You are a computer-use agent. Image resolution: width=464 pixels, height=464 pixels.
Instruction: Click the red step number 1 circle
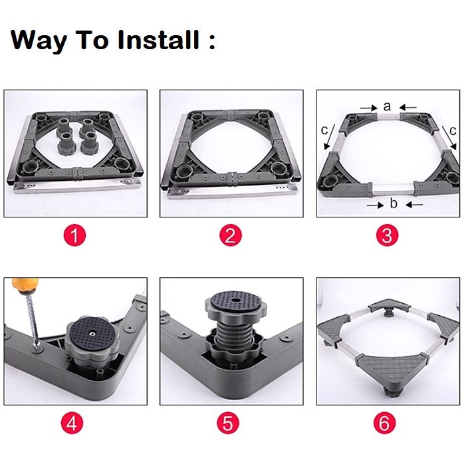[74, 235]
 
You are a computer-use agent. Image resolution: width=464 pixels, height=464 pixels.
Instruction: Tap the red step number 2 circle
[231, 235]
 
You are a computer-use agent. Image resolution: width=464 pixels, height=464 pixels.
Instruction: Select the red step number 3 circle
[387, 235]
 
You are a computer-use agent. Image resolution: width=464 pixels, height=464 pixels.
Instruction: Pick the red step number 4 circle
[72, 423]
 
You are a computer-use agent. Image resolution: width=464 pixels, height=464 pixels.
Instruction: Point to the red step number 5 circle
[228, 423]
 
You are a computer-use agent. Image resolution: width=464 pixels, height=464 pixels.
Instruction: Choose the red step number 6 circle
[385, 423]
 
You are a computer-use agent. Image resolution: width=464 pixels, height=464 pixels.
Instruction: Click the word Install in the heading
[158, 40]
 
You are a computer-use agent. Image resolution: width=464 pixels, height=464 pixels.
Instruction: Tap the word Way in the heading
[39, 41]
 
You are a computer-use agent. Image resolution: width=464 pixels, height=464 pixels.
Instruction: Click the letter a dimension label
[387, 106]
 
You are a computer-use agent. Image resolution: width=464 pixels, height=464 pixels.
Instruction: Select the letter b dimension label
[394, 203]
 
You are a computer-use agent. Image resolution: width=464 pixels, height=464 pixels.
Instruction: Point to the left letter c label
[324, 130]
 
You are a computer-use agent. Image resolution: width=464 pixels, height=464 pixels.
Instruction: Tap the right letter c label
[453, 130]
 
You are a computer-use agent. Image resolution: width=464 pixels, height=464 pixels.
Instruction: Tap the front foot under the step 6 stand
[388, 393]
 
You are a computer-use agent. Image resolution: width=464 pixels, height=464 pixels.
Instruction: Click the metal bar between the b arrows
[393, 189]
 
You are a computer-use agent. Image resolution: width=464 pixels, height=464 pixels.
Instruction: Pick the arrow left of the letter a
[369, 108]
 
